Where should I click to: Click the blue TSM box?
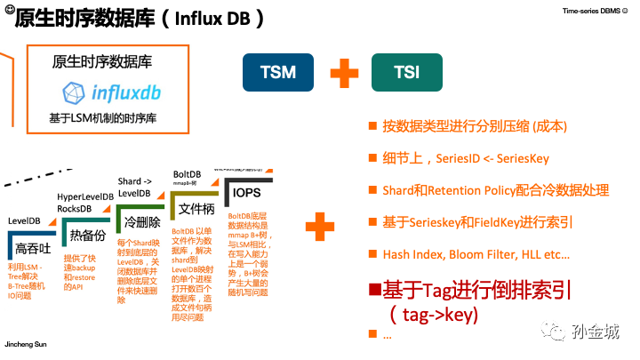[278, 72]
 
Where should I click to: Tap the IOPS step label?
[246, 193]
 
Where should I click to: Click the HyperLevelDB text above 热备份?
[85, 196]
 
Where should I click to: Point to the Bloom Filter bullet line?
[476, 254]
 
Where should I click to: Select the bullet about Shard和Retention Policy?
[495, 190]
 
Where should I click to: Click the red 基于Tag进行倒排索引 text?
[476, 290]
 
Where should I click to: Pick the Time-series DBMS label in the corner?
[596, 12]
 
